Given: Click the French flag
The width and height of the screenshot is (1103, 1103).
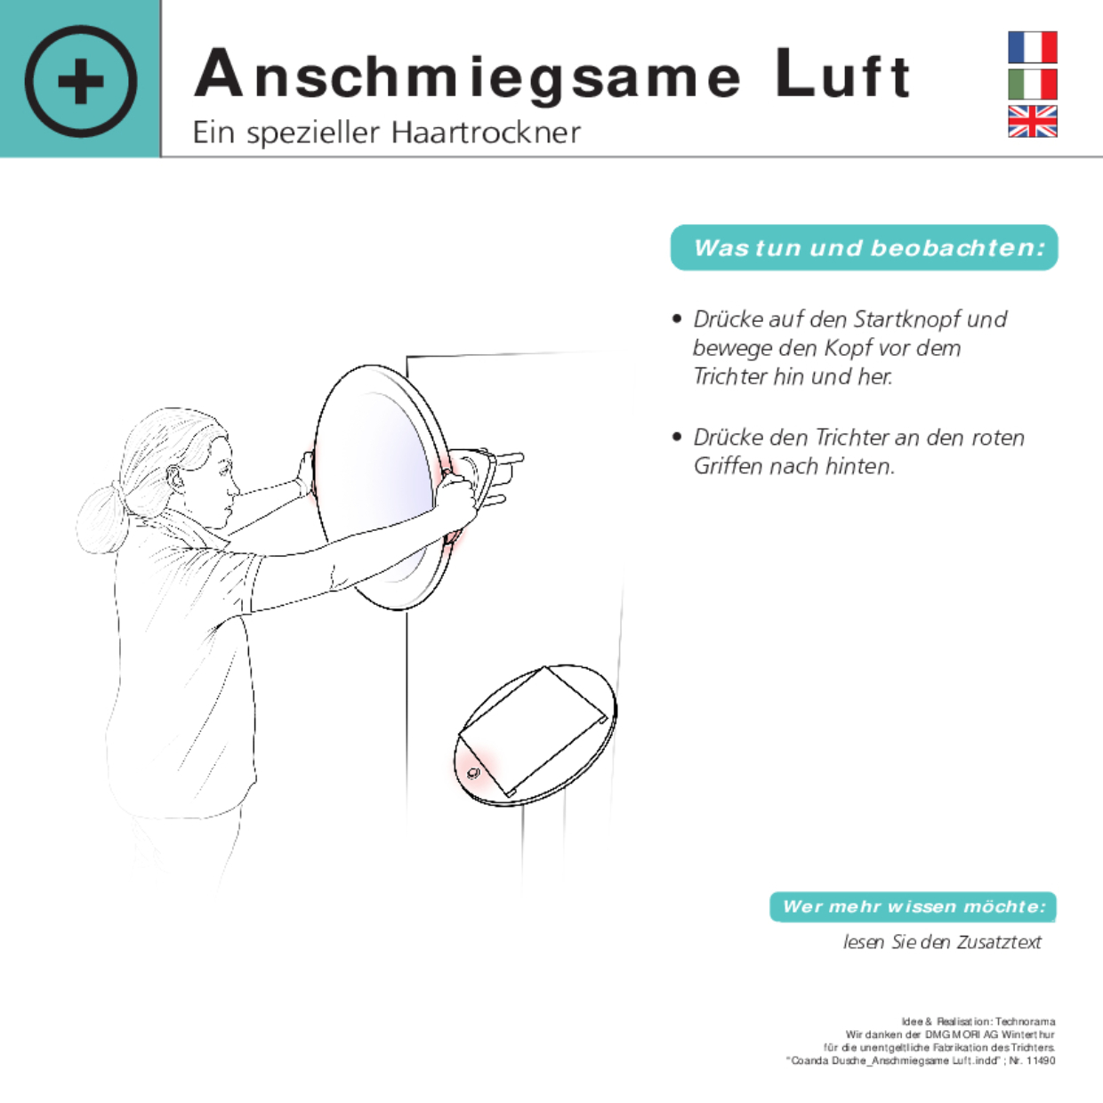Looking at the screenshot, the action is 1032,47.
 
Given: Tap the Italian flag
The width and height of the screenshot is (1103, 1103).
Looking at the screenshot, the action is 1032,85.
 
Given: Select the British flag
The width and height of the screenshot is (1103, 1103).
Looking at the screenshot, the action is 1032,121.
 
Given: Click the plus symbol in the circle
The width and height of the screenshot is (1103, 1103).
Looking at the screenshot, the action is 81,81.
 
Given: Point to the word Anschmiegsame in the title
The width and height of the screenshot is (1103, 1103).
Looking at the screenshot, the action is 468,77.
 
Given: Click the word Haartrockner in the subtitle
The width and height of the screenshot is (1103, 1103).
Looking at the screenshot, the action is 486,133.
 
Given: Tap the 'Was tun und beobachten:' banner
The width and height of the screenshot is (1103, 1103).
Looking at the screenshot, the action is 864,247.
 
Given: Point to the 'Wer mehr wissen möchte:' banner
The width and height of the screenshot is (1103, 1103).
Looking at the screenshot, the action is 913,906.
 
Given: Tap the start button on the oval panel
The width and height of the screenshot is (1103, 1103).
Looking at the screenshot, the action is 473,773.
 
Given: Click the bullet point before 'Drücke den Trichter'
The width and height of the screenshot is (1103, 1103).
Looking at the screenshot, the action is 677,438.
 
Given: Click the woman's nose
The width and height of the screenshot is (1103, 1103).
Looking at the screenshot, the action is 234,489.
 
